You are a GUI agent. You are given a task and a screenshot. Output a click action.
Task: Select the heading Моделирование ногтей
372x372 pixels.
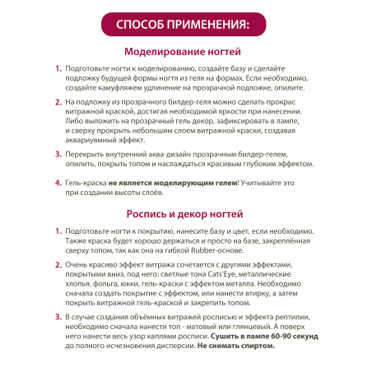(186, 52)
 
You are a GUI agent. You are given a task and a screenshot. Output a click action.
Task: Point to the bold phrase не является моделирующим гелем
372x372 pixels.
(171, 187)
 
